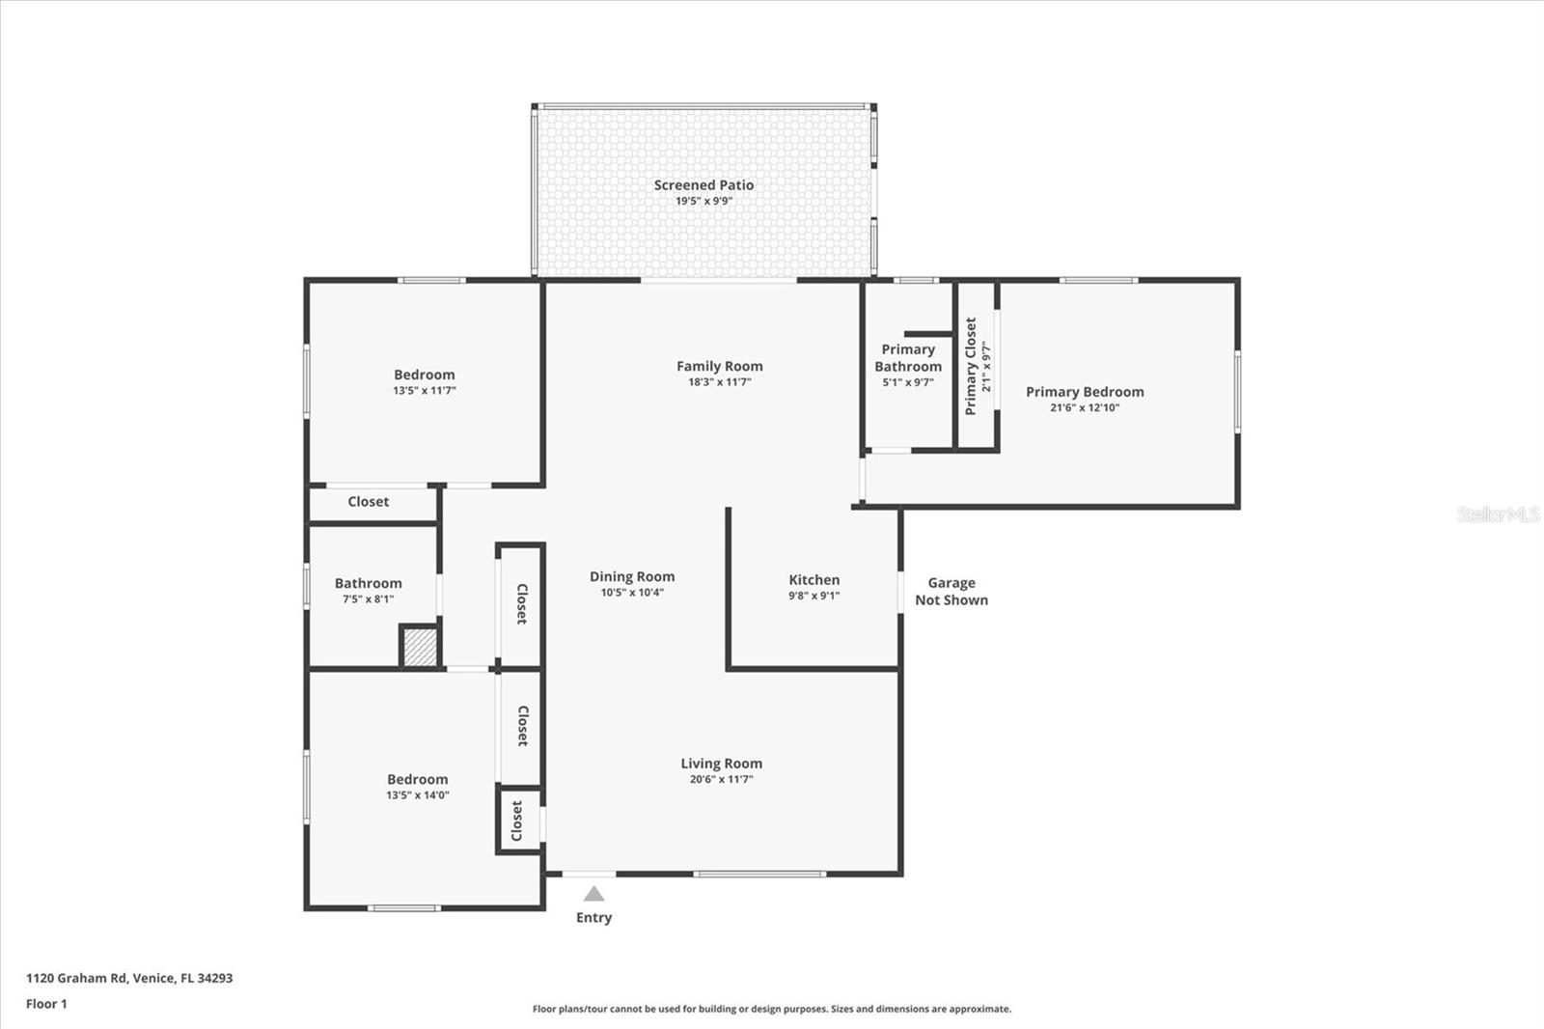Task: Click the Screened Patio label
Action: tap(703, 185)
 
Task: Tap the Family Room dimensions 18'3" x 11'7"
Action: tap(719, 382)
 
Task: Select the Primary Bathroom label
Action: tap(908, 358)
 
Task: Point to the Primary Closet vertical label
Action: tap(971, 366)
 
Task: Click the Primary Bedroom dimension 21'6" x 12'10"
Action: tap(1085, 407)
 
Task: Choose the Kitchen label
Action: tap(813, 580)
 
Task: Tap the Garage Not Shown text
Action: tap(951, 591)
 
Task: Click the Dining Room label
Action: tap(632, 576)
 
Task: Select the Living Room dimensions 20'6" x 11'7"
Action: tap(721, 779)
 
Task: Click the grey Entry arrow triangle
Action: tap(593, 894)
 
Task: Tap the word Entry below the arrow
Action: tap(593, 918)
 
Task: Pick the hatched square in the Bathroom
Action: tap(420, 647)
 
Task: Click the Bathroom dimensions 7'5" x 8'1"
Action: tap(368, 599)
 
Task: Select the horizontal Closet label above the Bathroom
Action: tap(369, 502)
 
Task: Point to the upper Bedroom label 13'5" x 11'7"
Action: tap(424, 375)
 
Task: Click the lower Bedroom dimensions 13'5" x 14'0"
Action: tap(417, 795)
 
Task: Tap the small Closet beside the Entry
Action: tap(518, 820)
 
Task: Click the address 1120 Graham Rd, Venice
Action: tap(129, 978)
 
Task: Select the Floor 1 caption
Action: tap(46, 1004)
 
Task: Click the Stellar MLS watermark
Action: tap(1498, 514)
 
